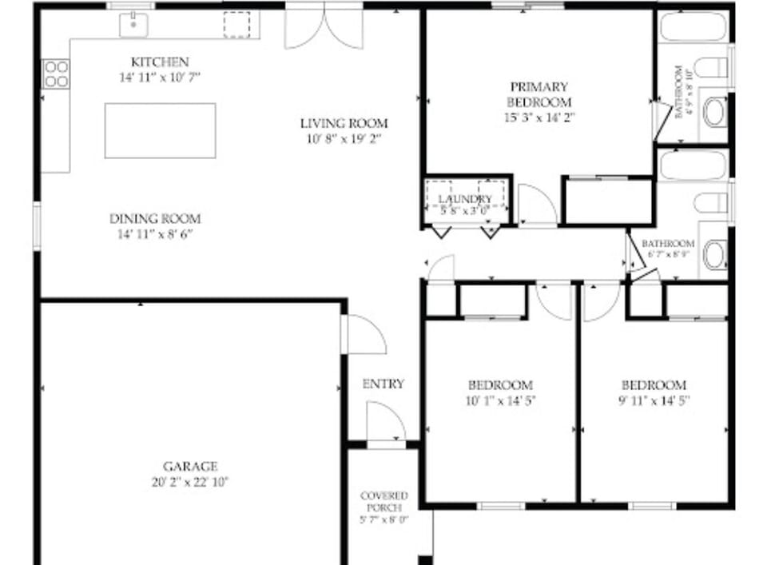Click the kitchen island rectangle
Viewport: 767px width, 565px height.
[x=160, y=130]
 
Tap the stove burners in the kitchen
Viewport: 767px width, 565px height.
[x=56, y=73]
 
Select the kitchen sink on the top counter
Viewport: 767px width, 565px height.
[x=132, y=25]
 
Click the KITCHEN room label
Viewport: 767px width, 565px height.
[x=160, y=62]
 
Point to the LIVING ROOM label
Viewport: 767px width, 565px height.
[x=344, y=123]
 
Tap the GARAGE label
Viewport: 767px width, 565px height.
[x=190, y=466]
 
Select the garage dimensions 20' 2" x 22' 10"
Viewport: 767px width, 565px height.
[x=190, y=481]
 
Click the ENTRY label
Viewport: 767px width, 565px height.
[x=383, y=384]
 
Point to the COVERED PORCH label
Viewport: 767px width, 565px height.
[x=383, y=501]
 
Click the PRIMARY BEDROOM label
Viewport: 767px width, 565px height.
[x=539, y=94]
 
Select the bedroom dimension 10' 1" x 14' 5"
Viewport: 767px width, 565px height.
[x=499, y=400]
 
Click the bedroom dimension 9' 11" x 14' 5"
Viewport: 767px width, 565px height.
[x=653, y=400]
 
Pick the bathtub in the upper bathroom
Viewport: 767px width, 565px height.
[x=692, y=26]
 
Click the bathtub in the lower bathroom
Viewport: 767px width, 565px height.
[x=692, y=165]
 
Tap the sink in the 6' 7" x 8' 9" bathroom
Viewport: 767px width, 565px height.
[x=713, y=255]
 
